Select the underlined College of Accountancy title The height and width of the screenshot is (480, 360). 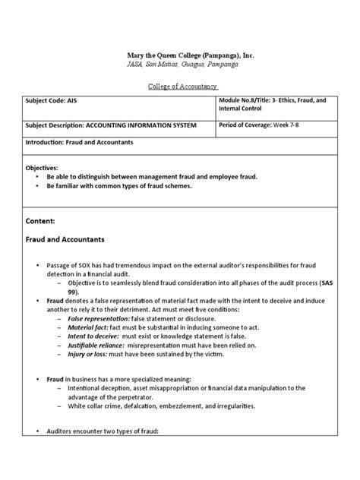pyautogui.click(x=180, y=87)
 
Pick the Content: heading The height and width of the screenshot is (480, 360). pyautogui.click(x=41, y=219)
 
